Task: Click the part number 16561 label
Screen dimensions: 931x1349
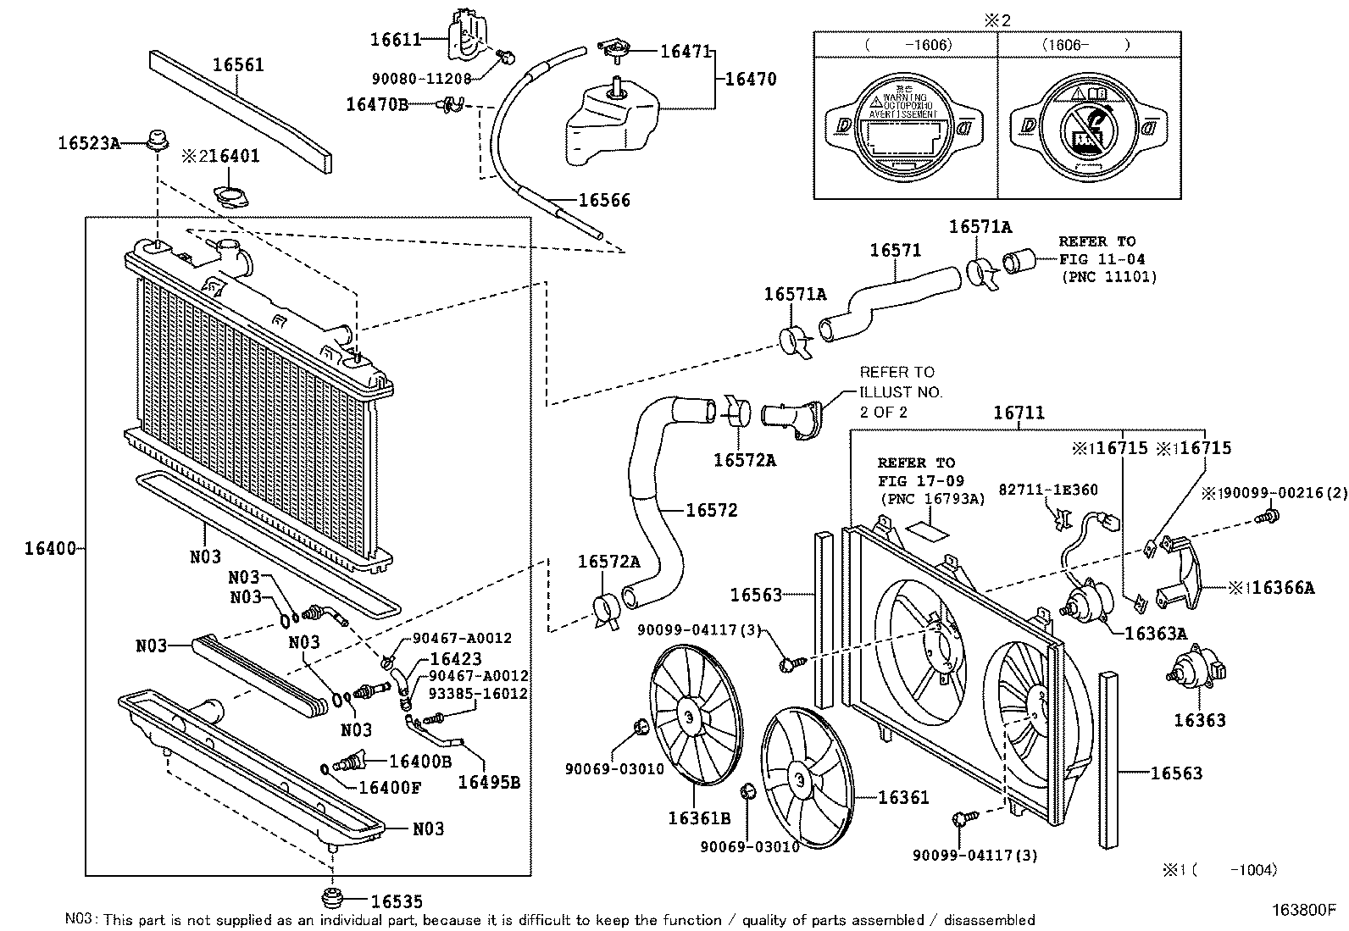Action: tap(238, 64)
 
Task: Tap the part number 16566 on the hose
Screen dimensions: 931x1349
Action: tap(604, 201)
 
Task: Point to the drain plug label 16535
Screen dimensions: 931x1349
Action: tap(397, 902)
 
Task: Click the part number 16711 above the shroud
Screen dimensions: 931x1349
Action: tap(1019, 413)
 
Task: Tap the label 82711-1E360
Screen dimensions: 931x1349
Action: tap(1048, 490)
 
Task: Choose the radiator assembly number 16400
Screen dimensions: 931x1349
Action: tap(50, 549)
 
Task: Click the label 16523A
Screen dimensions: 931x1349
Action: tap(89, 143)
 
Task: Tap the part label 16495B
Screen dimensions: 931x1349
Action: tap(489, 782)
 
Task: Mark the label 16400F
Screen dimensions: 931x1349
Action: tap(390, 787)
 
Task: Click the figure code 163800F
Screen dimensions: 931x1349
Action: tap(1302, 911)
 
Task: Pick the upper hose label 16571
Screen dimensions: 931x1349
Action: tap(896, 251)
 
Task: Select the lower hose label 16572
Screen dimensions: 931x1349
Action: tap(712, 510)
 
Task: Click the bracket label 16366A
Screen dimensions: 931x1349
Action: tap(1283, 588)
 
